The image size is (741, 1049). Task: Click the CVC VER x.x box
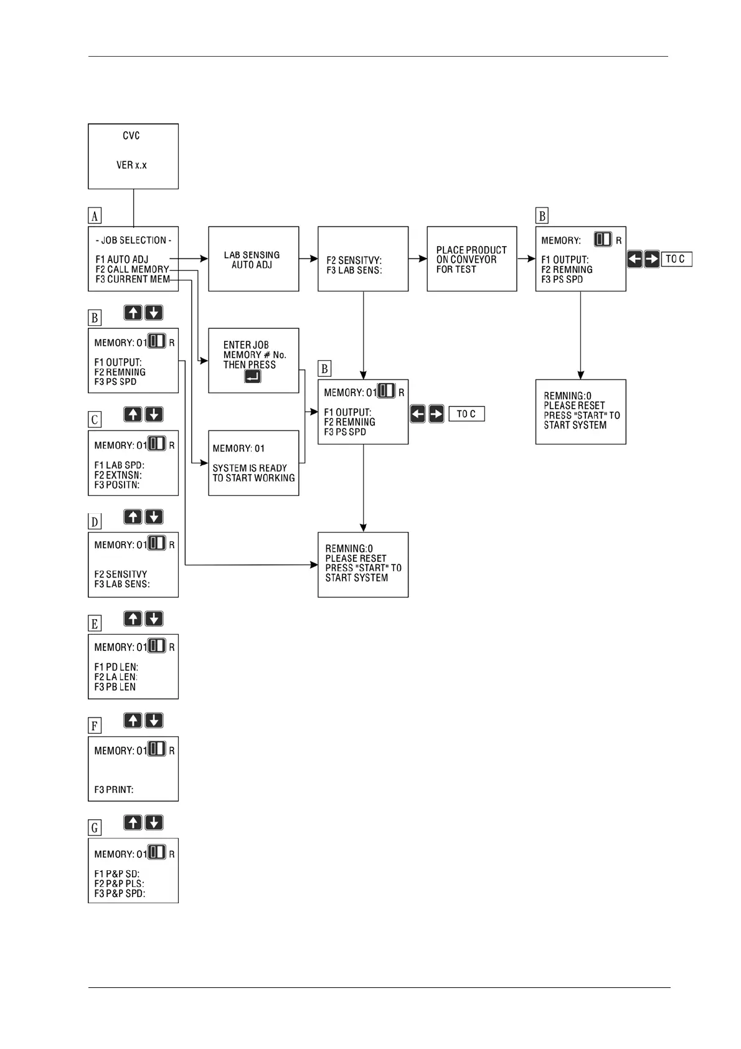(x=133, y=156)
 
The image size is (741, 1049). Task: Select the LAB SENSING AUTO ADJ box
(x=253, y=259)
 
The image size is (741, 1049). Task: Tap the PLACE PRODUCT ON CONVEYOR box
(x=471, y=259)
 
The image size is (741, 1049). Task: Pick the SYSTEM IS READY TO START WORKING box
(x=253, y=463)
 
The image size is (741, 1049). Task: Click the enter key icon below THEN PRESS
(x=252, y=376)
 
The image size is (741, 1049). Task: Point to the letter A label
(x=95, y=216)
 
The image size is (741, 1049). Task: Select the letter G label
(x=95, y=828)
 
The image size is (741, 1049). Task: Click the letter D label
(x=95, y=522)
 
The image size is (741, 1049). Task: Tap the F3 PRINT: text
(x=114, y=790)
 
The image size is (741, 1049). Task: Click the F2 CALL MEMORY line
(x=132, y=270)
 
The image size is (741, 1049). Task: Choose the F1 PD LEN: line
(x=116, y=667)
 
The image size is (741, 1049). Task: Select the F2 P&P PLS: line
(x=119, y=883)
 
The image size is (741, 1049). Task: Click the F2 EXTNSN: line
(x=118, y=475)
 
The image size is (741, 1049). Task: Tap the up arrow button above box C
(x=133, y=414)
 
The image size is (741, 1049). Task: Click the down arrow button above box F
(x=154, y=721)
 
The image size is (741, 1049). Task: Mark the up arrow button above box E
(x=133, y=619)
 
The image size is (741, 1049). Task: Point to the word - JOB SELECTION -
(x=133, y=240)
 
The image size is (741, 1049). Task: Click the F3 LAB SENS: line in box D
(x=122, y=584)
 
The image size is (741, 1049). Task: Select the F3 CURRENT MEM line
(x=133, y=280)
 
